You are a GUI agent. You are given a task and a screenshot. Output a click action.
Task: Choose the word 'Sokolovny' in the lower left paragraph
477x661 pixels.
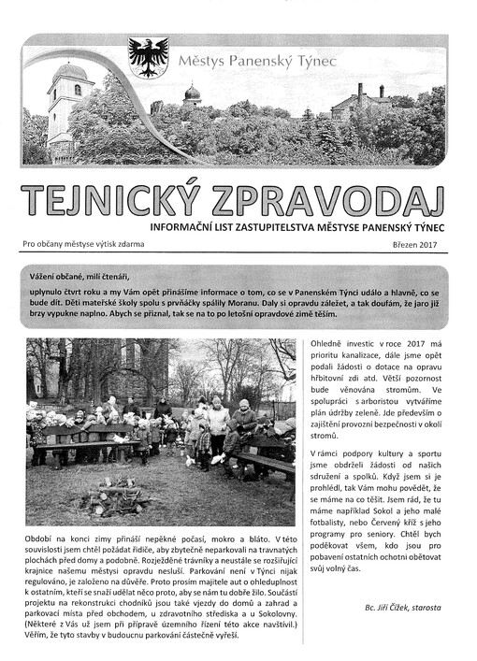coord(263,615)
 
